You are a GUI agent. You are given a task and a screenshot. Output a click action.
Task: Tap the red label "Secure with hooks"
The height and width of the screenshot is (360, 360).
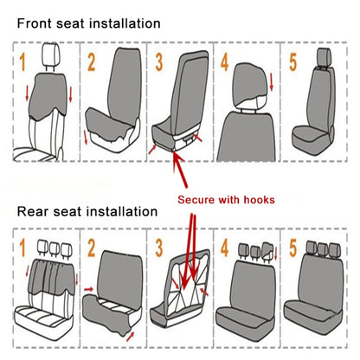226,199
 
